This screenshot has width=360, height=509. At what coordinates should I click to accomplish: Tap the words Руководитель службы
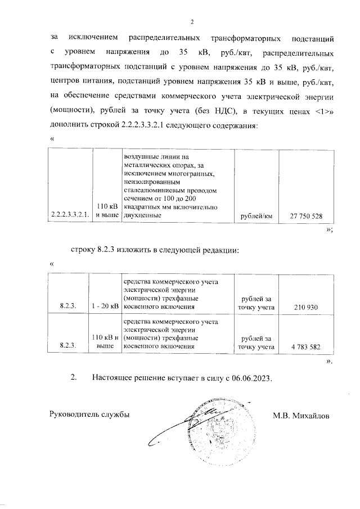click(x=90, y=416)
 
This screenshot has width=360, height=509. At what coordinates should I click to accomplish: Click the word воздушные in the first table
click(x=140, y=156)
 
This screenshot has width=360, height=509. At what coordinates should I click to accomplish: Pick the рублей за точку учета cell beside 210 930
click(x=256, y=303)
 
